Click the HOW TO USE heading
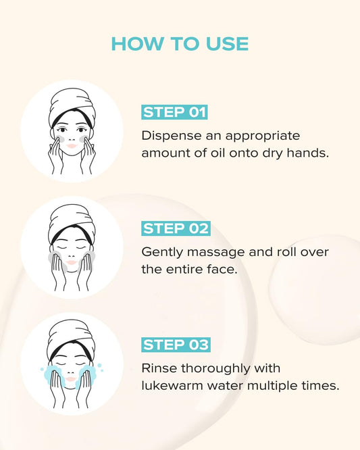[x=180, y=44]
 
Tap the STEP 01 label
[x=174, y=112]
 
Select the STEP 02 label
[x=176, y=228]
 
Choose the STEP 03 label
[x=176, y=345]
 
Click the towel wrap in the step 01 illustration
[x=70, y=109]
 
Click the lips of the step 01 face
[x=72, y=145]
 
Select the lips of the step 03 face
[x=72, y=378]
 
